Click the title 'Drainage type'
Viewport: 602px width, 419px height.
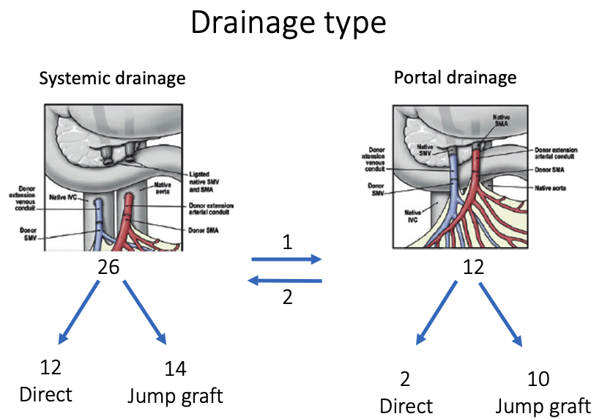coord(288,23)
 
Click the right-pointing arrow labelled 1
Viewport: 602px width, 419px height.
coord(286,259)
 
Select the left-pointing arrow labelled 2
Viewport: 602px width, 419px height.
coord(286,281)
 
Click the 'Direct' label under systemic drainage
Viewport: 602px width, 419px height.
coord(45,395)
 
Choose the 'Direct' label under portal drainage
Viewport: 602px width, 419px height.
coord(406,406)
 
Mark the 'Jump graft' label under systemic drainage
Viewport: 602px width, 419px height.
coord(175,396)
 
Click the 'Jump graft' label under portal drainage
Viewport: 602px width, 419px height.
coord(543,406)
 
